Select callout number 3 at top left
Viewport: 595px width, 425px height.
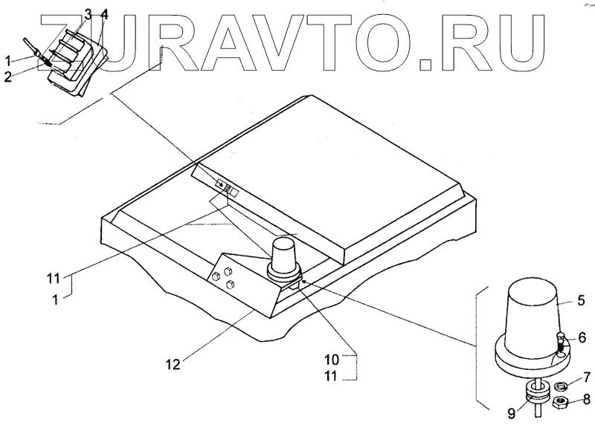coord(88,14)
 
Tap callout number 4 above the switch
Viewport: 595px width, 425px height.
coord(104,14)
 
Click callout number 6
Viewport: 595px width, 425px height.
coord(583,337)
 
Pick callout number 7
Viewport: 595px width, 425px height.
coord(587,378)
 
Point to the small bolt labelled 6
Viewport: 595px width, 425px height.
coord(560,343)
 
